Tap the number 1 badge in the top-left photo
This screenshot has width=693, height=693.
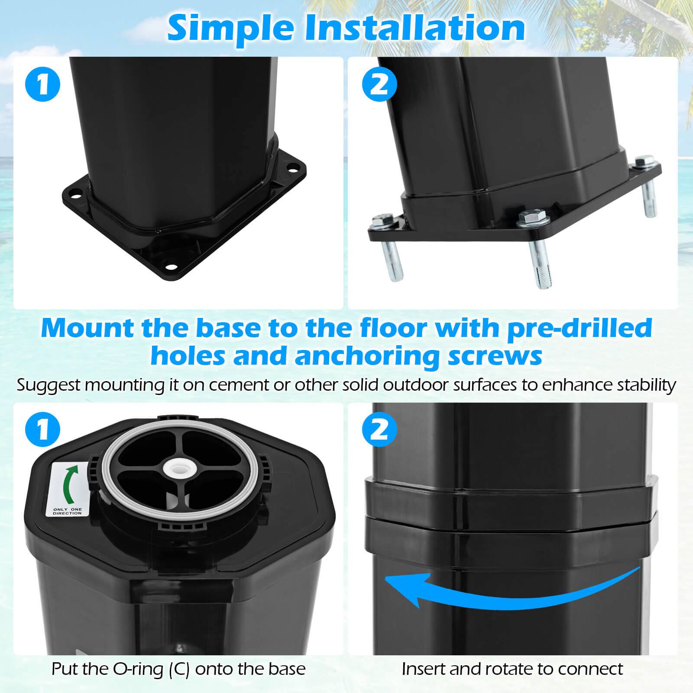42,84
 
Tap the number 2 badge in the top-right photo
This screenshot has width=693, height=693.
379,84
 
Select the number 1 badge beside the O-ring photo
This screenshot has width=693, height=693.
42,430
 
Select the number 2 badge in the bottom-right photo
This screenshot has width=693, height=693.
379,430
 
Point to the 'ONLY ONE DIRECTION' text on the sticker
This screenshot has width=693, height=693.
67,511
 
